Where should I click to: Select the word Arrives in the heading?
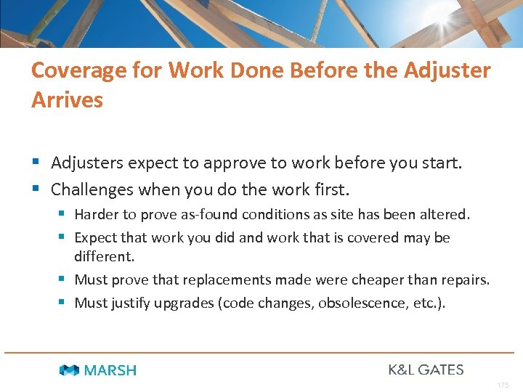pyautogui.click(x=67, y=99)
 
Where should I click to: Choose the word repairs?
pyautogui.click(x=465, y=280)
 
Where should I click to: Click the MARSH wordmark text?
pyautogui.click(x=110, y=370)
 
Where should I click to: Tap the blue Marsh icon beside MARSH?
pyautogui.click(x=70, y=370)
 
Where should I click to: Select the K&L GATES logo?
pyautogui.click(x=426, y=369)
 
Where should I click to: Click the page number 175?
pyautogui.click(x=503, y=385)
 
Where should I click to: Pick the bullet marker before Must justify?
pyautogui.click(x=64, y=303)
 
